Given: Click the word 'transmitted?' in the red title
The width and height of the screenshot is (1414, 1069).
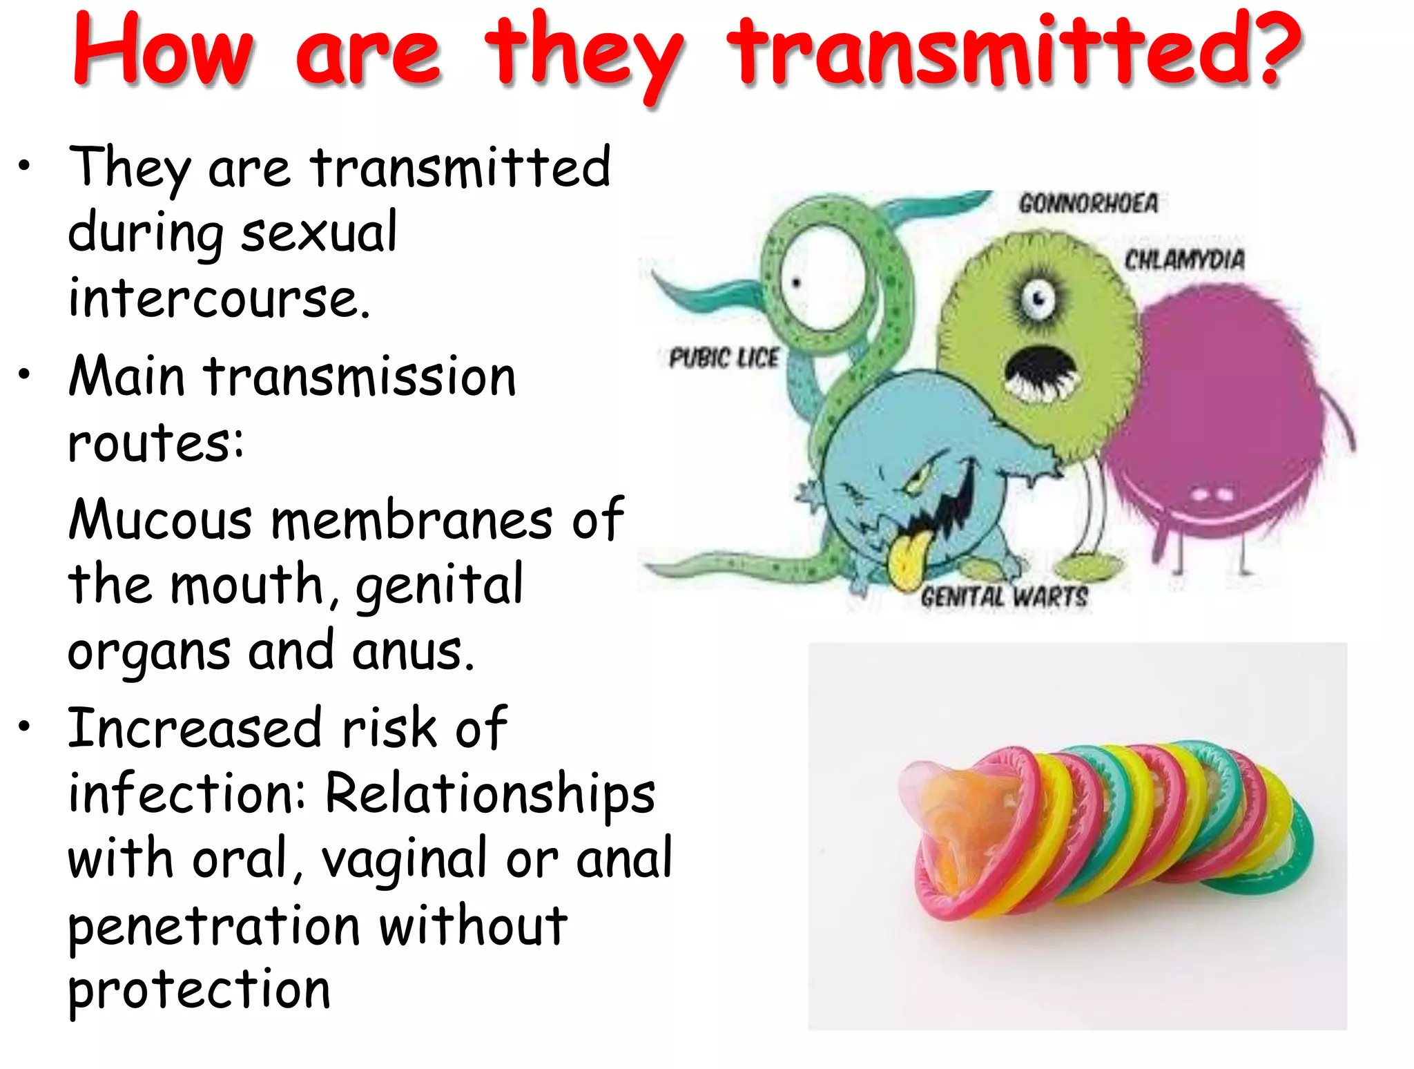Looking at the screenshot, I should (1015, 52).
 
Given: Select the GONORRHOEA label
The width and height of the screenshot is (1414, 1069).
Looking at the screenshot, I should (1088, 203).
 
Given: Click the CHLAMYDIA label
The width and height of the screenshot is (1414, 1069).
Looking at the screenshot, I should (1185, 260).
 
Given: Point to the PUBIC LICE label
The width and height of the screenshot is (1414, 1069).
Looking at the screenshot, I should (724, 358).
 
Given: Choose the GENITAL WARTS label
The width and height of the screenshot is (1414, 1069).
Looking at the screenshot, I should (1004, 597).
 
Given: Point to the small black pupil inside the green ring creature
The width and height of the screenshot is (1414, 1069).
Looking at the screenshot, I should (795, 282).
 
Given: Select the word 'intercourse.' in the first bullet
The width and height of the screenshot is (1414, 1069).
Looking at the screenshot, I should (220, 298).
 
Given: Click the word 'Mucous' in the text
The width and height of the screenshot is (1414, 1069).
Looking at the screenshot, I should (160, 519).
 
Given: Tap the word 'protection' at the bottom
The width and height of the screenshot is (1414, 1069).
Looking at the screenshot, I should (199, 989).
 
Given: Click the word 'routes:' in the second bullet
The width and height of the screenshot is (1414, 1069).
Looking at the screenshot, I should (156, 442).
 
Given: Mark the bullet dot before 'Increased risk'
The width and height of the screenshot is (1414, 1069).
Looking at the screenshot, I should (25, 725).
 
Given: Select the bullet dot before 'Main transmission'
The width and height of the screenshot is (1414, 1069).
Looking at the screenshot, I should (25, 374).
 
